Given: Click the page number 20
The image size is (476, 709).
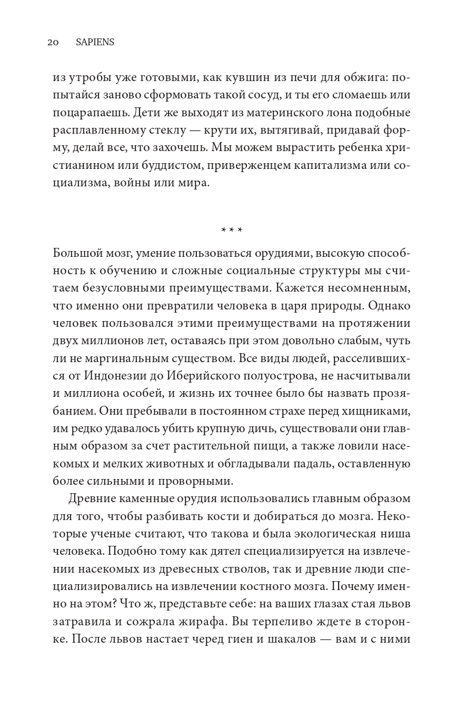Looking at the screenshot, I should coord(53,43).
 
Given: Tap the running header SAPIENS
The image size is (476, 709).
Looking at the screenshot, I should coord(95,43).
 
